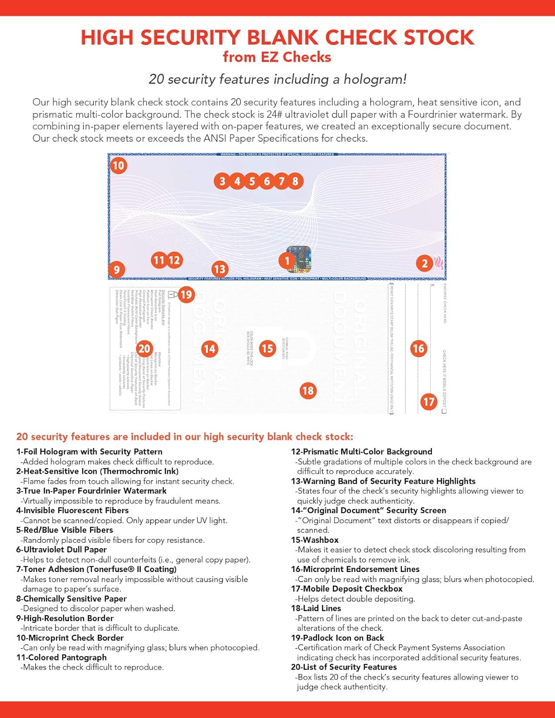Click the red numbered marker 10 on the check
(118, 166)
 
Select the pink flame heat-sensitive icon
(439, 263)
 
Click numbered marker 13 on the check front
(219, 269)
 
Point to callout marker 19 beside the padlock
(186, 294)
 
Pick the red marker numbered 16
(419, 348)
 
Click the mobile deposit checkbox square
(444, 411)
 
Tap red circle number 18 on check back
(307, 391)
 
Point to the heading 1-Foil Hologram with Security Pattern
(89, 451)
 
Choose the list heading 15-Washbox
(315, 539)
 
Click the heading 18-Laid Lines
(316, 608)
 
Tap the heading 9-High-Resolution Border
(65, 618)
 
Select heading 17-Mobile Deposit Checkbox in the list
(347, 589)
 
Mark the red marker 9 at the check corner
(116, 269)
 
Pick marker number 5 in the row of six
(252, 181)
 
